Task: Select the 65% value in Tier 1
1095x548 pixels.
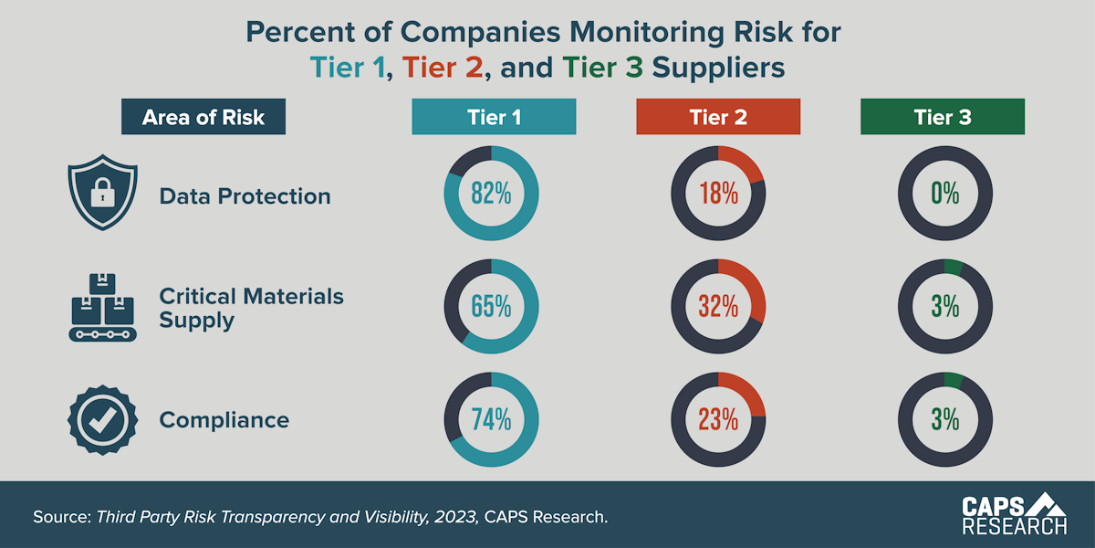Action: point(491,307)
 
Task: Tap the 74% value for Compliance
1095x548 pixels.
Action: point(491,420)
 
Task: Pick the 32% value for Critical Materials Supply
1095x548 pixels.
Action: point(718,307)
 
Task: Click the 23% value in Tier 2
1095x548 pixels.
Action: point(718,420)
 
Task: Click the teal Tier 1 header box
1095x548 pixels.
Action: point(494,117)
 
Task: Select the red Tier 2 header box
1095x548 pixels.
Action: point(718,117)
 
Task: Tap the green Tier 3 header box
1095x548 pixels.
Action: point(943,117)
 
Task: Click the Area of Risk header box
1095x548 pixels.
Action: point(203,117)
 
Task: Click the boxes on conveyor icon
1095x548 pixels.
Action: point(102,307)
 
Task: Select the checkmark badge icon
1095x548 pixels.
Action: point(102,419)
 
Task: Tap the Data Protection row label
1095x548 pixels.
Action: point(245,196)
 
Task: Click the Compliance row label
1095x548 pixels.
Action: point(224,420)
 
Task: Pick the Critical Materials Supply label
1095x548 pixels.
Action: point(251,308)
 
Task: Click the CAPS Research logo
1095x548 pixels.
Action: point(1014,514)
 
